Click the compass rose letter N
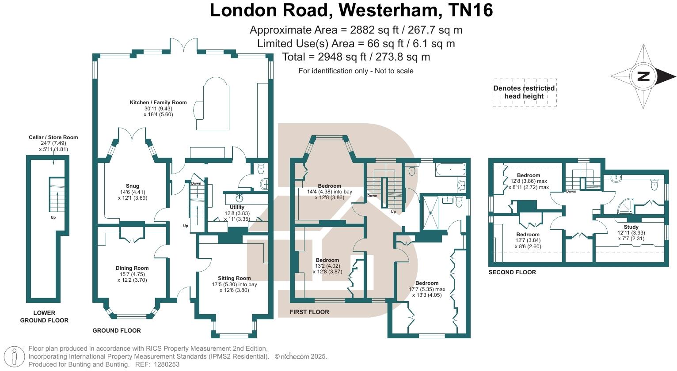(643, 76)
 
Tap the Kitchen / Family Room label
(158, 102)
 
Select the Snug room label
(132, 186)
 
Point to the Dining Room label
(132, 268)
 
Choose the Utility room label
(237, 207)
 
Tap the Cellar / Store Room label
(53, 137)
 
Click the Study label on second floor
(631, 227)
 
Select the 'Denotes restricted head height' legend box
(524, 92)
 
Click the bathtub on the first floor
(450, 170)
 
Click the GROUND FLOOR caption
(117, 330)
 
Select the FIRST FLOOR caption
(309, 312)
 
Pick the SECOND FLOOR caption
(512, 273)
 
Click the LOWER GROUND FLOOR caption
(44, 316)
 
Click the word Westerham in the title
(387, 10)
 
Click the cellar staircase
(56, 194)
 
